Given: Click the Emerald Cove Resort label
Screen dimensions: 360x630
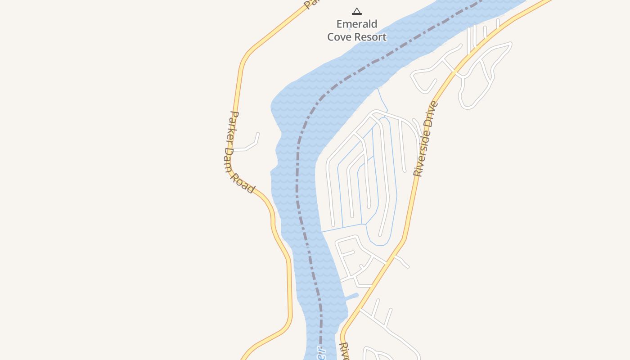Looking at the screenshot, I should click(356, 30).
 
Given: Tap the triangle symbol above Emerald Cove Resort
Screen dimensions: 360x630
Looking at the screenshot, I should click(357, 11).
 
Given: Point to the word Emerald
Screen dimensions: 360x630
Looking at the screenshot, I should click(356, 24).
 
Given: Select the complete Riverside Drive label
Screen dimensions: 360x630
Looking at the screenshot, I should click(425, 139).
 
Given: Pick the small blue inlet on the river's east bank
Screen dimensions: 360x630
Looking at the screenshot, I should click(351, 297).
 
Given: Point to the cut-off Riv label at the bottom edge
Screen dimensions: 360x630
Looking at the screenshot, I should click(344, 351).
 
